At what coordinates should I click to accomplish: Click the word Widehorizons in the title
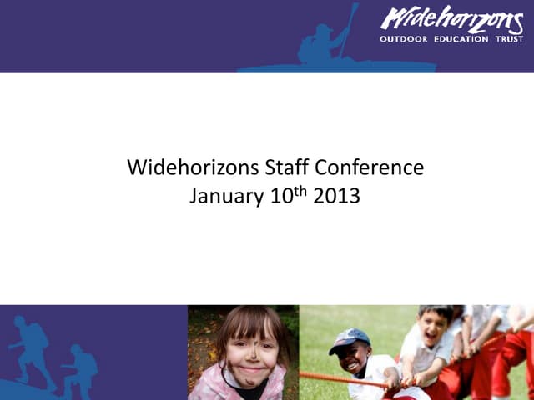pyautogui.click(x=194, y=167)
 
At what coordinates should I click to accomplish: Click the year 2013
pyautogui.click(x=336, y=197)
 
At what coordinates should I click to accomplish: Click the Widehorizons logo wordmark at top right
pyautogui.click(x=451, y=20)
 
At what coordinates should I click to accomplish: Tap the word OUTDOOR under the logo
pyautogui.click(x=404, y=39)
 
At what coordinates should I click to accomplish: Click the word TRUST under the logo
pyautogui.click(x=508, y=39)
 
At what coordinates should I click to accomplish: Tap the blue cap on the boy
pyautogui.click(x=349, y=337)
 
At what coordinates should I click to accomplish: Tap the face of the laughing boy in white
pyautogui.click(x=433, y=327)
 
